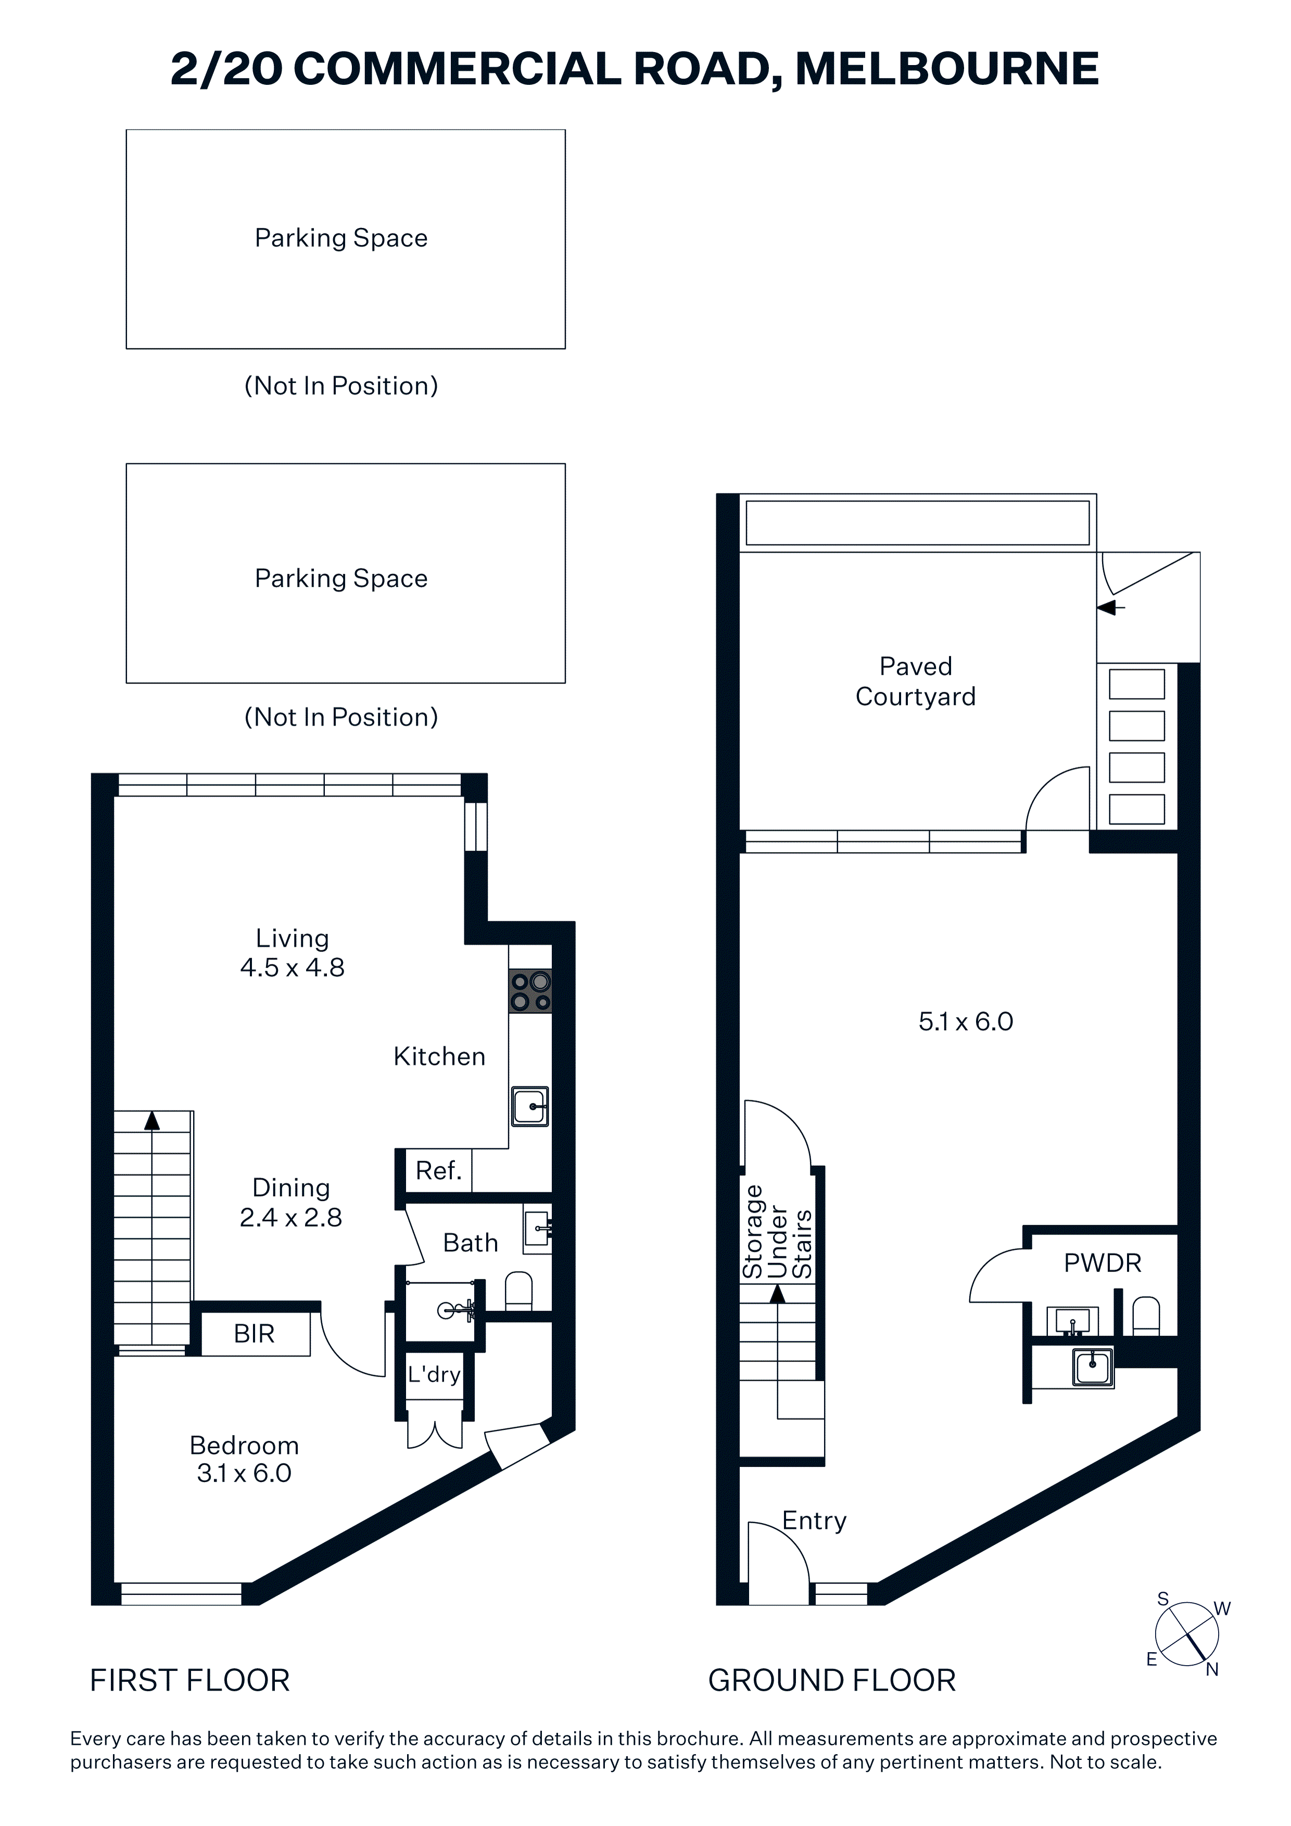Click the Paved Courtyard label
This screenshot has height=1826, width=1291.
click(x=916, y=681)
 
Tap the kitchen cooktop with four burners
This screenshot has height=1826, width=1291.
click(x=530, y=991)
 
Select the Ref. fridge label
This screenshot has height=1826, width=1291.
click(x=438, y=1171)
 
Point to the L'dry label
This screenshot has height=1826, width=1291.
click(x=434, y=1374)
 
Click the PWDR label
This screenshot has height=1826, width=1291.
click(x=1103, y=1263)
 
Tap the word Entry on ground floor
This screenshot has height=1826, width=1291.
click(x=815, y=1520)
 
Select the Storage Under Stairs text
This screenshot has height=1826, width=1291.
click(x=777, y=1232)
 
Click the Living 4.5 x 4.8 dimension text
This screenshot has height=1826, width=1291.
click(x=292, y=953)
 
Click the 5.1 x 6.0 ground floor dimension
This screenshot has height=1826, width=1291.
click(x=966, y=1022)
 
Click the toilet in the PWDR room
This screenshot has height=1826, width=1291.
click(x=1146, y=1316)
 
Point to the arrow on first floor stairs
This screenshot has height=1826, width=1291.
click(x=152, y=1121)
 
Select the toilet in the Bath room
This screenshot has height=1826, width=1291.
click(x=518, y=1291)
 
